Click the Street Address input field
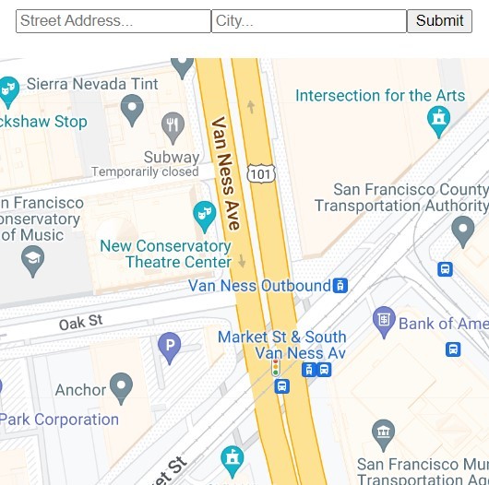click(x=113, y=20)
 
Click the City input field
click(x=308, y=20)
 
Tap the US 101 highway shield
click(x=260, y=172)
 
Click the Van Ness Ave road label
click(x=226, y=172)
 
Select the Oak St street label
click(x=80, y=323)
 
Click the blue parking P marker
click(x=169, y=347)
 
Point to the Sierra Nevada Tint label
click(x=92, y=84)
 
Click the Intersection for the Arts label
click(x=380, y=96)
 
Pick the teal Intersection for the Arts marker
click(x=439, y=117)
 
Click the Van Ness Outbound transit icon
click(x=340, y=286)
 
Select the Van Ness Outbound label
click(x=259, y=286)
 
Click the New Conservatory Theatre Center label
click(x=165, y=254)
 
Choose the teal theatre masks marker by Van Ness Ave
click(x=204, y=215)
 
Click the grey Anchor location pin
click(x=121, y=387)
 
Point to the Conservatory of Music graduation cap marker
click(x=32, y=259)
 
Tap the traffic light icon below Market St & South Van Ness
click(x=275, y=368)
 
